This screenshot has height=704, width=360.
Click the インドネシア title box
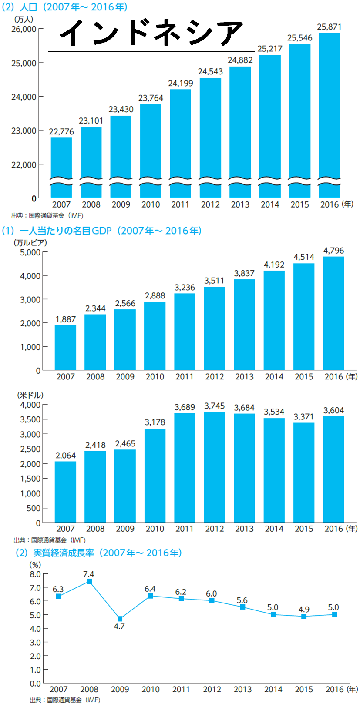pos(151,33)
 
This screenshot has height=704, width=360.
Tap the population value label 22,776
pos(61,131)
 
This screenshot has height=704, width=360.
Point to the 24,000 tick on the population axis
pos(24,97)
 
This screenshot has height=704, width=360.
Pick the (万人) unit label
pos(24,20)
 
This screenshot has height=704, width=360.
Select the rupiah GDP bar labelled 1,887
pos(65,348)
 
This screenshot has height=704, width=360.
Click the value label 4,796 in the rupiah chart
pos(333,251)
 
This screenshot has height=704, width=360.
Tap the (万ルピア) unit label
pos(30,242)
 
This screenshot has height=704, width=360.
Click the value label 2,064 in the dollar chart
pos(65,456)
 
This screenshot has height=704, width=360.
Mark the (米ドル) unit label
pos(30,395)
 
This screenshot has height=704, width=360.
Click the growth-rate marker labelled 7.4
pos(89,581)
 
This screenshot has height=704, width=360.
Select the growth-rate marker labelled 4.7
pos(120,619)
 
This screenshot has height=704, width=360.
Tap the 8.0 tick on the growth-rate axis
pos(35,574)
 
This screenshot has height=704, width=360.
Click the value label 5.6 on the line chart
pos(242,600)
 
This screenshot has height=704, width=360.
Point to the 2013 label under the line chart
pos(242,689)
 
